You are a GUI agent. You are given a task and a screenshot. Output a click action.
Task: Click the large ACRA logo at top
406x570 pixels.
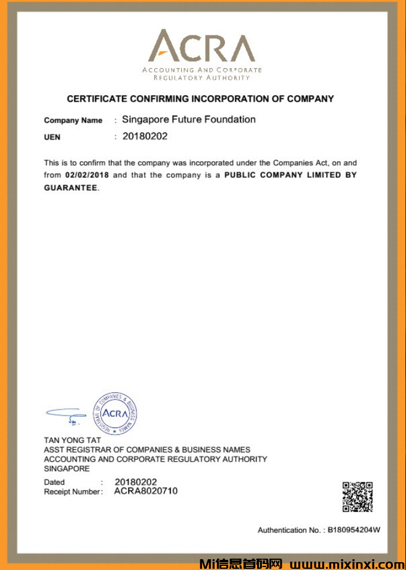[202, 48]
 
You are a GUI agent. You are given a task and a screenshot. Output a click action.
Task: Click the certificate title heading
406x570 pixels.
[200, 99]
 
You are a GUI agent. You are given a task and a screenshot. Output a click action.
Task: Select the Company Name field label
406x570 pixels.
[73, 120]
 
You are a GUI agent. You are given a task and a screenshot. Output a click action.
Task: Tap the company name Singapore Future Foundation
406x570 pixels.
[188, 119]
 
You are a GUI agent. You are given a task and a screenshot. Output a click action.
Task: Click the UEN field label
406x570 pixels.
[52, 137]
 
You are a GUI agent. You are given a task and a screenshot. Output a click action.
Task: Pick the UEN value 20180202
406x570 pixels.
[145, 136]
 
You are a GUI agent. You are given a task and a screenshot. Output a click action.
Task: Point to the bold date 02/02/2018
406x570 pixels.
[88, 175]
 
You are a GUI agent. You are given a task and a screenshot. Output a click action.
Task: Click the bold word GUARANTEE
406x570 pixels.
[71, 187]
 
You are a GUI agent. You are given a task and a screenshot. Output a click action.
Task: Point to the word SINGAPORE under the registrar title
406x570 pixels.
[66, 468]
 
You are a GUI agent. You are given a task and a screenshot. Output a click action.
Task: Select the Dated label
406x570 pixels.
[54, 482]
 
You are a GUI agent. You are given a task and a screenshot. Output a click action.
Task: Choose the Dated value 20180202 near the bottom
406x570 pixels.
[136, 482]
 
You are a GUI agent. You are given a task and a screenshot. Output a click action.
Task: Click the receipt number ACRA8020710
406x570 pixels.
[145, 491]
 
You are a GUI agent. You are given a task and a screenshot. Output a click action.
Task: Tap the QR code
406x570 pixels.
[358, 496]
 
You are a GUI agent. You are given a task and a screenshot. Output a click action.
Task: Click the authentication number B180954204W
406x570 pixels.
[354, 530]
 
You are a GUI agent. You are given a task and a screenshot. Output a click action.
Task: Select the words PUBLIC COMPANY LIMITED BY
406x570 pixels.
[290, 175]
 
